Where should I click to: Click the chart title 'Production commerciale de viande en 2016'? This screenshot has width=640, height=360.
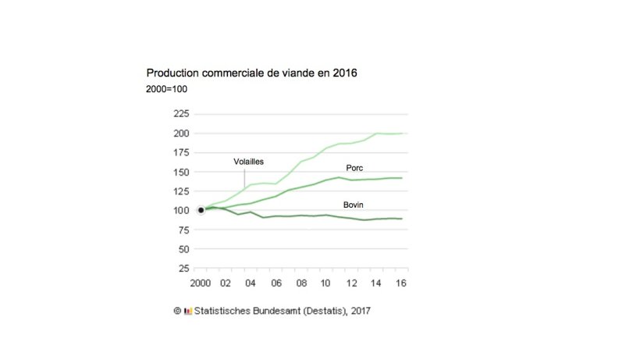pos(252,73)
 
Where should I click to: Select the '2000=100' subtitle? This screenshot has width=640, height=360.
pos(166,89)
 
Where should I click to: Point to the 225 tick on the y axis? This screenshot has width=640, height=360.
pos(180,113)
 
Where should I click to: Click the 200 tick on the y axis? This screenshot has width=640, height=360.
pos(180,133)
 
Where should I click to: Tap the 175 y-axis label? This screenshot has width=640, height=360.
pos(180,152)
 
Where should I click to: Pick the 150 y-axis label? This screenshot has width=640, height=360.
pos(180,172)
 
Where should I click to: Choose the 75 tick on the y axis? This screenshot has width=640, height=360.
pos(183,230)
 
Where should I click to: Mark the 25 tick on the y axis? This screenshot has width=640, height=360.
pos(183,269)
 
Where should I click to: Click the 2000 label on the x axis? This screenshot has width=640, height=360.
pos(201,283)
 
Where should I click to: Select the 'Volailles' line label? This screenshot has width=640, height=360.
pos(249,162)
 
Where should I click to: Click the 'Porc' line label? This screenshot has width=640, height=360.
pos(356,168)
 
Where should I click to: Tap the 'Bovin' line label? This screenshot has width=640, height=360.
pos(355,205)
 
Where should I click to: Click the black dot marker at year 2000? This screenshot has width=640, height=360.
pos(201,210)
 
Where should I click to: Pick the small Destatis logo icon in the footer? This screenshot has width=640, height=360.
pos(187,311)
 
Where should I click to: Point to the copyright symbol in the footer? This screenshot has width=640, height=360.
pos(177,310)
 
